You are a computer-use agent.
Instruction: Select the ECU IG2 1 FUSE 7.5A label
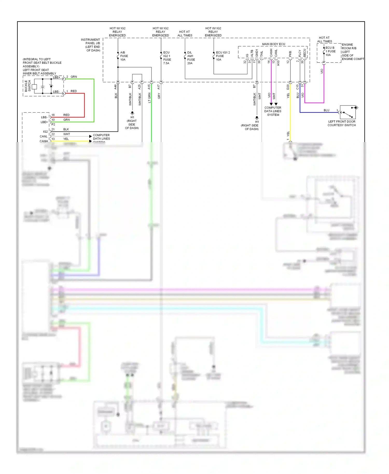[x=167, y=58]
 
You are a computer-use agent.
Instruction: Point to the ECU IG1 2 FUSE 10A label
[x=223, y=56]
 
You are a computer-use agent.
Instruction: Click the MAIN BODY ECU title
[x=273, y=44]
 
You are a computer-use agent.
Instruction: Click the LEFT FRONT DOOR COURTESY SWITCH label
[x=342, y=123]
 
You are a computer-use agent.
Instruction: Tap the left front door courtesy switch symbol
[x=348, y=112]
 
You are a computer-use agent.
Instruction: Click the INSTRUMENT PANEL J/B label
[x=90, y=45]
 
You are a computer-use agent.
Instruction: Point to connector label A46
[x=115, y=87]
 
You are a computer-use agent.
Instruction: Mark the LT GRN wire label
[x=149, y=98]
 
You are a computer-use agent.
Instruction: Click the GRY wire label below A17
[x=159, y=96]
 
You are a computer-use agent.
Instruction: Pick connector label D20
[x=288, y=87]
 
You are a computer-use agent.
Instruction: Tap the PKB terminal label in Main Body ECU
[x=290, y=54]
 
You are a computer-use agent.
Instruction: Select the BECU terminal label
[x=305, y=53]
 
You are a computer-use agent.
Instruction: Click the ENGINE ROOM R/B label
[x=352, y=52]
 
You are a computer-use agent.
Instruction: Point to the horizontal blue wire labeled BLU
[x=319, y=112]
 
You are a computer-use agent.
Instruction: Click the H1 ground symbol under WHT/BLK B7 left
[x=132, y=113]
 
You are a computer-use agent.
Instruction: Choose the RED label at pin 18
[x=66, y=115]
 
